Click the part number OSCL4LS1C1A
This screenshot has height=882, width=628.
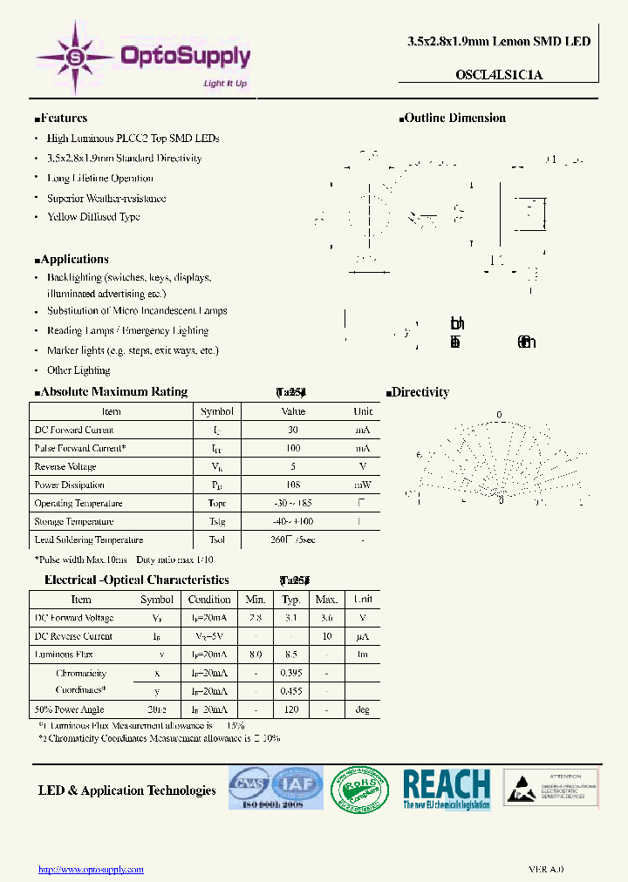(499, 75)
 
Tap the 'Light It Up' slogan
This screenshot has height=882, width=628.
(225, 84)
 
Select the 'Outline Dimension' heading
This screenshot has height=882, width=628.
(454, 119)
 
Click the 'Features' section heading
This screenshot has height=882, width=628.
(63, 119)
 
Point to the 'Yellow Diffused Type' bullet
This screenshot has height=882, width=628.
(93, 217)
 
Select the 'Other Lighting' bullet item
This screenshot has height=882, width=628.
(78, 370)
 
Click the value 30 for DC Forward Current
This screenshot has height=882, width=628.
(292, 430)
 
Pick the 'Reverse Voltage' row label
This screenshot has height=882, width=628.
(65, 466)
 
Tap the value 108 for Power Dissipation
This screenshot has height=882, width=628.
(292, 485)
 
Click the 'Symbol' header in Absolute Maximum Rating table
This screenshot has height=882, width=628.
(217, 411)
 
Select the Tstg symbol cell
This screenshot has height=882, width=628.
(217, 521)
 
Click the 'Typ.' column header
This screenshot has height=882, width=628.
(291, 600)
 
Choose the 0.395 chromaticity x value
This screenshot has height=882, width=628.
(291, 673)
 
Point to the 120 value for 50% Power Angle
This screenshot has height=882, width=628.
(291, 709)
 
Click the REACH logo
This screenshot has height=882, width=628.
(447, 789)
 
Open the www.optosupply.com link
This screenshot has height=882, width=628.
(91, 869)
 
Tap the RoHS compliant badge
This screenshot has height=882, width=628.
(360, 789)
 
